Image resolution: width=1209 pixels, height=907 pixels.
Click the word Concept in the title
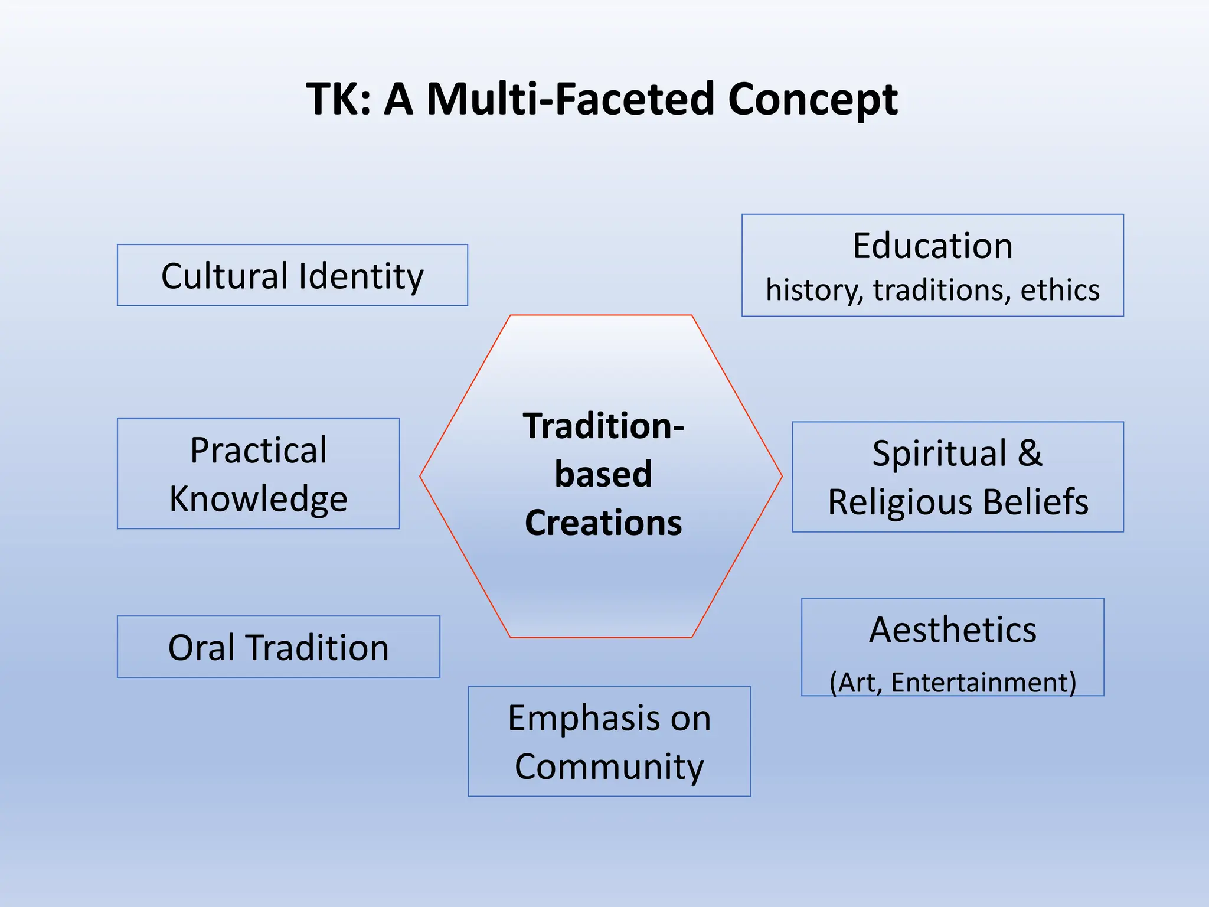pyautogui.click(x=813, y=99)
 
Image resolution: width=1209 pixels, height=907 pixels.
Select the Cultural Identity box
pyautogui.click(x=292, y=276)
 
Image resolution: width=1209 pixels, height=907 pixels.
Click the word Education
pyautogui.click(x=932, y=246)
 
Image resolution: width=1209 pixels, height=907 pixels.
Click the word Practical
pyautogui.click(x=258, y=451)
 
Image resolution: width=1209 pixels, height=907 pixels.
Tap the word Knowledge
pyautogui.click(x=258, y=499)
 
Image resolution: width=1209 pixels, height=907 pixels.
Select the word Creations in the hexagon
pyautogui.click(x=603, y=523)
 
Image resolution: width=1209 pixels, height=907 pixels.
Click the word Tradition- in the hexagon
pyautogui.click(x=603, y=426)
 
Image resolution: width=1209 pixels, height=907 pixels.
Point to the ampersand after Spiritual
pyautogui.click(x=1030, y=453)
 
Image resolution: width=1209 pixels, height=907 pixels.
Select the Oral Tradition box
pyautogui.click(x=278, y=647)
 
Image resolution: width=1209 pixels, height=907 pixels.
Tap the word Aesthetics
pyautogui.click(x=952, y=629)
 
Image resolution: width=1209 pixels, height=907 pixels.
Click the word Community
pyautogui.click(x=609, y=766)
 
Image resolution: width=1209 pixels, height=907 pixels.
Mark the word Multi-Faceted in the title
pyautogui.click(x=570, y=99)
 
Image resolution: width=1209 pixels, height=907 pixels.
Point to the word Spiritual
pyautogui.click(x=939, y=453)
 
